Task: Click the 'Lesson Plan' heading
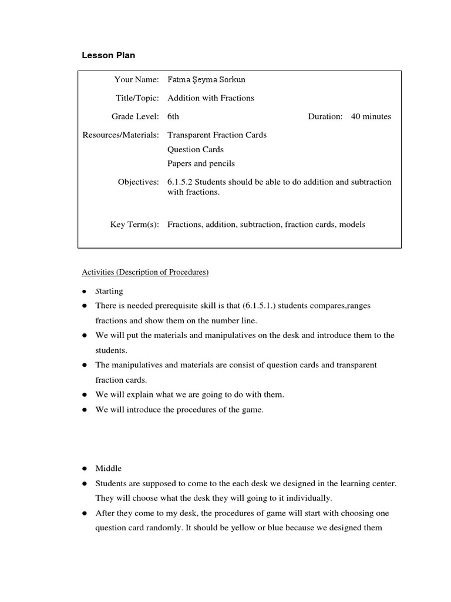[108, 55]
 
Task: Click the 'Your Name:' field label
[137, 79]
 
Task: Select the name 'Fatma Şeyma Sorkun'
[203, 79]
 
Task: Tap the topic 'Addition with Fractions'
[211, 98]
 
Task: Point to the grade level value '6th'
[173, 116]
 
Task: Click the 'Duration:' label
[325, 116]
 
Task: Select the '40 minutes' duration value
[371, 116]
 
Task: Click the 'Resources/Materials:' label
[120, 135]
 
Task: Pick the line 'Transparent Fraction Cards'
[217, 135]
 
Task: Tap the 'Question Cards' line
[196, 149]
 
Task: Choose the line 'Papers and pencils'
[201, 163]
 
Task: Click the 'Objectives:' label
[138, 182]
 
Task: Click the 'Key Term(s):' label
[134, 224]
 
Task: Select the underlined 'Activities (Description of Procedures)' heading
[145, 272]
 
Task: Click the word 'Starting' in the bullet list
[109, 291]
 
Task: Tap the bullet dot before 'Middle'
[85, 469]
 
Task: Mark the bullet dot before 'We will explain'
[85, 394]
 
